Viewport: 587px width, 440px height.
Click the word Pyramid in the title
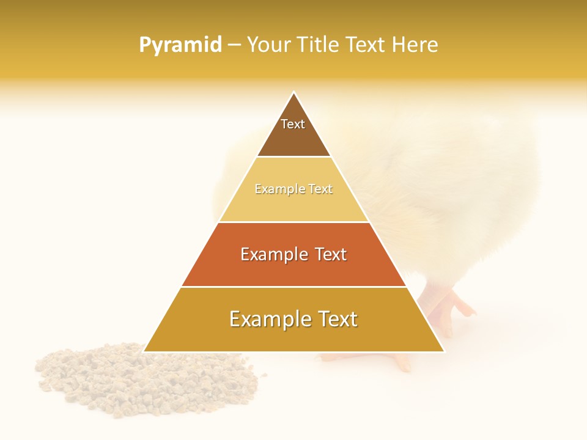click(180, 45)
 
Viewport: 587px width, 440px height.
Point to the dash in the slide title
click(234, 45)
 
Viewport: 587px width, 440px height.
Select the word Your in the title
click(267, 45)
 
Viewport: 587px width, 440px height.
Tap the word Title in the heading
click(319, 45)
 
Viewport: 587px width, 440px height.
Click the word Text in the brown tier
click(293, 124)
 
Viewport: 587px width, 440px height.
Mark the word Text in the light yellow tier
click(320, 189)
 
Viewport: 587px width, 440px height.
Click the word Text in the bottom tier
click(336, 319)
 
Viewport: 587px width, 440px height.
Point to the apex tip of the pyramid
click(293, 94)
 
